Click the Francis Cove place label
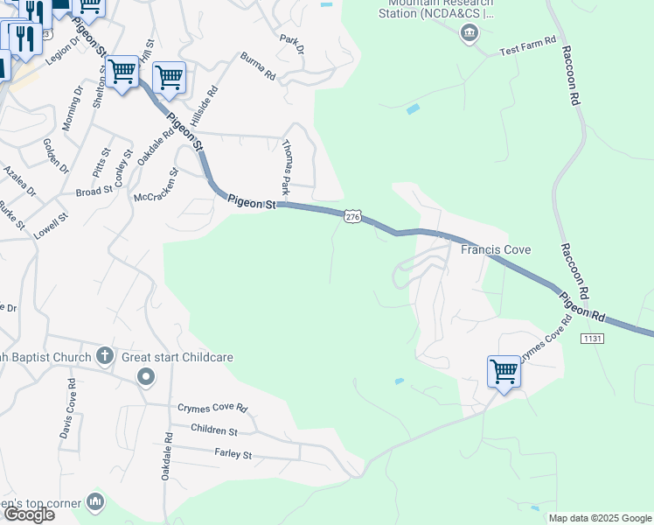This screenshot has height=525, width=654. (x=496, y=250)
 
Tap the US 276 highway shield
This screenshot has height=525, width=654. (x=351, y=216)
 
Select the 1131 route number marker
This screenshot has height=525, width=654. (x=592, y=339)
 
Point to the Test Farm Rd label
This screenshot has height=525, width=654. (x=527, y=46)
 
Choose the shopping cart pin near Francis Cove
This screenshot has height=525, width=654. (x=504, y=371)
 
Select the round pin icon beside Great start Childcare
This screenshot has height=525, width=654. (x=146, y=376)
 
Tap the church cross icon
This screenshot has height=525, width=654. (x=105, y=355)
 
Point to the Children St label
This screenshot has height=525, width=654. (x=214, y=431)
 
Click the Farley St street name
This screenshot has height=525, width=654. (x=233, y=454)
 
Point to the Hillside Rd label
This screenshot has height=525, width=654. (x=200, y=107)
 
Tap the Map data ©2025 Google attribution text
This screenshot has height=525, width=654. (x=599, y=518)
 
